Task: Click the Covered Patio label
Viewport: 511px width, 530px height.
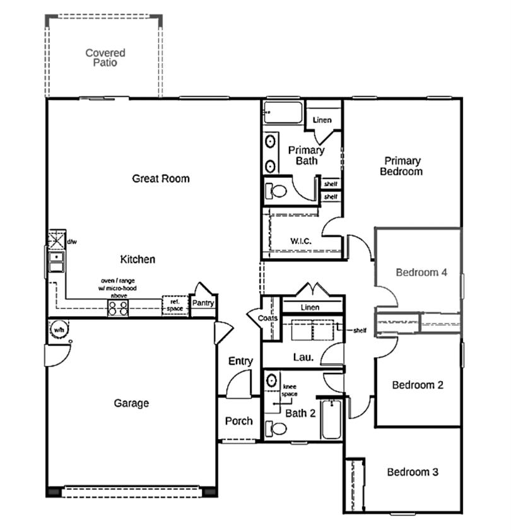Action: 105,57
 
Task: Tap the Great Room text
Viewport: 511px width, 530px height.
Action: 160,179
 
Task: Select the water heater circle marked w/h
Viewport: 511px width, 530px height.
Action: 58,329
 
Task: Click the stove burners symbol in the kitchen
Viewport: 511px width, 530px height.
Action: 118,308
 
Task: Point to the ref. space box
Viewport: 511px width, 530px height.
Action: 173,305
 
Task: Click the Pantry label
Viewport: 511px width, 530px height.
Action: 204,303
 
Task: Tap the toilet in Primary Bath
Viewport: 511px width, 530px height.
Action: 276,189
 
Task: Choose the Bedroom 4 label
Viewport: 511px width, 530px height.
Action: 421,273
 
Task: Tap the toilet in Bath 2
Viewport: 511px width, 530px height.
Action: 276,428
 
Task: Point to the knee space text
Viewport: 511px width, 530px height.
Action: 289,390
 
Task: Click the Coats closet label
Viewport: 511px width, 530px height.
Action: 268,319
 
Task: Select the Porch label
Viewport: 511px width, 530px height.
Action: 238,421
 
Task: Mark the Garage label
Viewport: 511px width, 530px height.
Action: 131,403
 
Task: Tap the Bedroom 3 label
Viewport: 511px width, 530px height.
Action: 413,472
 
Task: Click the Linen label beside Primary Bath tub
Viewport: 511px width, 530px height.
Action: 322,120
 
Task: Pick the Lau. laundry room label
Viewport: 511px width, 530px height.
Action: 303,357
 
